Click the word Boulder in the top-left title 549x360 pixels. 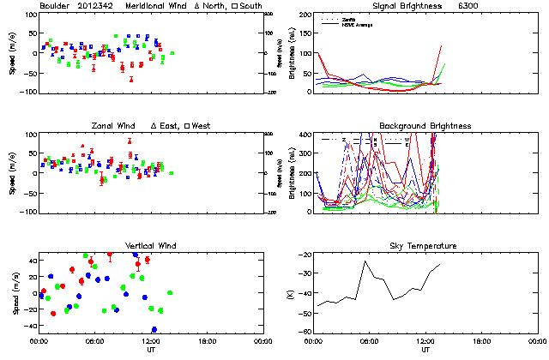point(56,6)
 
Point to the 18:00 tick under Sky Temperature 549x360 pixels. point(481,341)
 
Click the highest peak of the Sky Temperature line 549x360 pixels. point(365,261)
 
